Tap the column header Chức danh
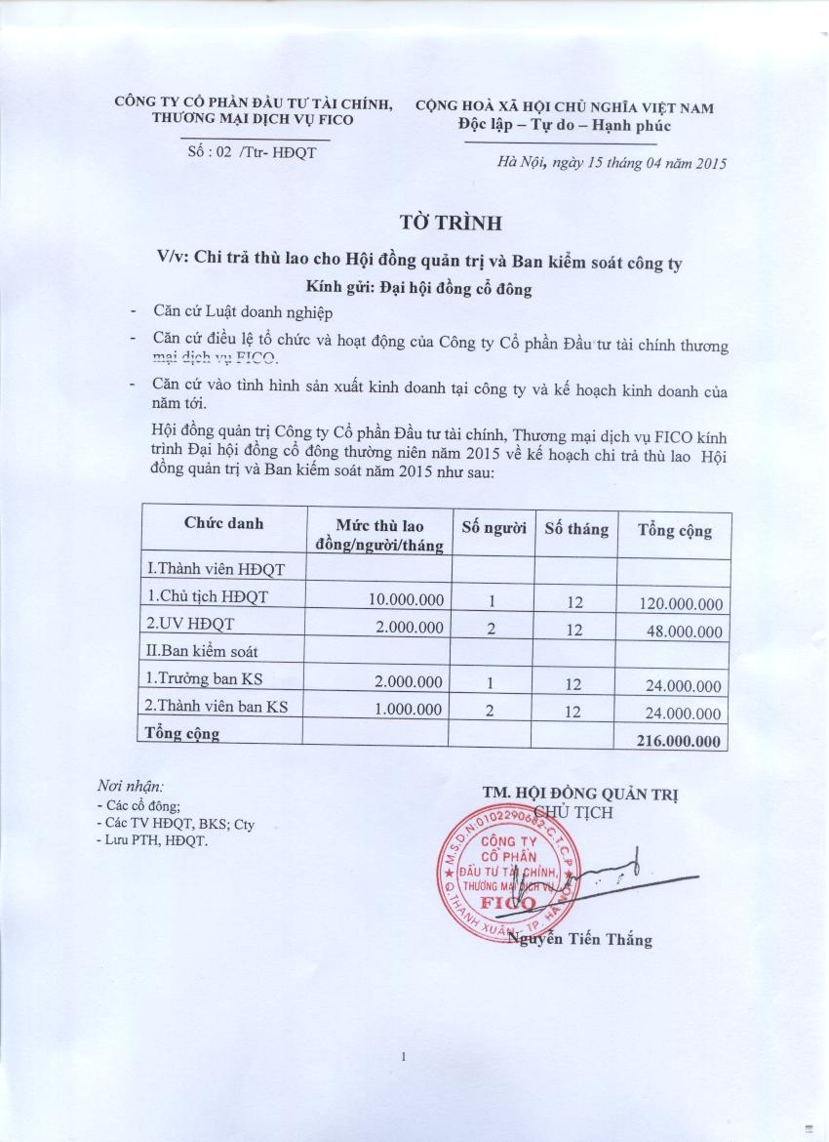(223, 523)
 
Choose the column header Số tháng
(575, 529)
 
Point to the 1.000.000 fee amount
(410, 710)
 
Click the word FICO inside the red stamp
(507, 903)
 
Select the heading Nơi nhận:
(131, 786)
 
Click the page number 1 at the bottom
(402, 1057)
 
